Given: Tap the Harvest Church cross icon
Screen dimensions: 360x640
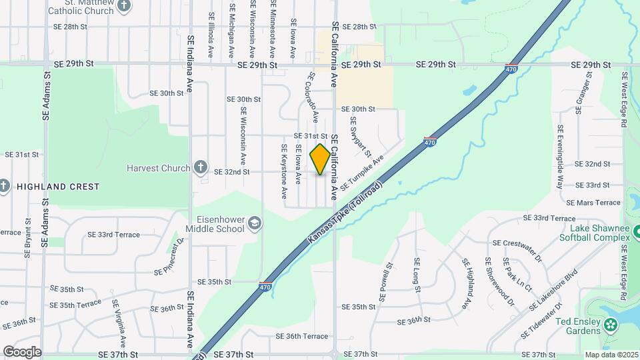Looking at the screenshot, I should tap(200, 168).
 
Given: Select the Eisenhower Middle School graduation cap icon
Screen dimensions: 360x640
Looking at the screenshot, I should tap(254, 223).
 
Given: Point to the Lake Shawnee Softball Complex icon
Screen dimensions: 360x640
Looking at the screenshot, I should tap(636, 232).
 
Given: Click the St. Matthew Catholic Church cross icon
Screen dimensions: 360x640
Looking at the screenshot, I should tap(123, 6).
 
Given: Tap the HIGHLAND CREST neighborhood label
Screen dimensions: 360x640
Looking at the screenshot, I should tap(58, 187).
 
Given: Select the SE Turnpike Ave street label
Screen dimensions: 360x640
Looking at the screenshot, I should tap(363, 173).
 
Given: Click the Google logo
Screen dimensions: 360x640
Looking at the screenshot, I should tap(22, 351).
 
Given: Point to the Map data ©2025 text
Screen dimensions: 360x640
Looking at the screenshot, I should tap(611, 355).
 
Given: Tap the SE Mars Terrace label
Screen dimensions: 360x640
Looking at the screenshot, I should tap(593, 202).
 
